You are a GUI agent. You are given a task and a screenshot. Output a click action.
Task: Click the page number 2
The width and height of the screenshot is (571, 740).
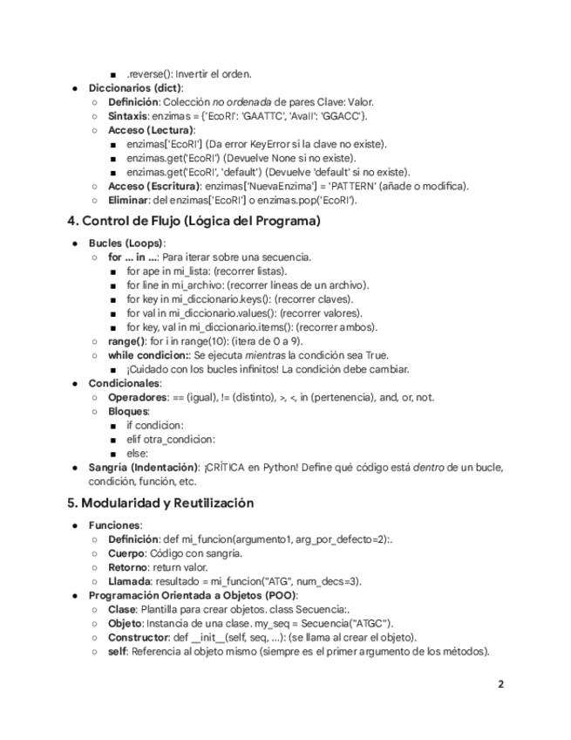pos(500,684)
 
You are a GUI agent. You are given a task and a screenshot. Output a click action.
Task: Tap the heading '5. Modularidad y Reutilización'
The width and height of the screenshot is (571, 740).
pos(160,503)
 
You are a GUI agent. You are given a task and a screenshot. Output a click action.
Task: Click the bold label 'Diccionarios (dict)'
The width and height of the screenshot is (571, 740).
pos(135,88)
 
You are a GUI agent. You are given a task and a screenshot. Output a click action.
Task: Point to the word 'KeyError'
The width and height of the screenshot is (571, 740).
pos(275,144)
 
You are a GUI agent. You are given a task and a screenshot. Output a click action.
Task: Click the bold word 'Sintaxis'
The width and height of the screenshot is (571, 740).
pos(127,116)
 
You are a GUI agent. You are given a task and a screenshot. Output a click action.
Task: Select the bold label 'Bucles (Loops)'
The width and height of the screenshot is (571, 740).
pos(126,243)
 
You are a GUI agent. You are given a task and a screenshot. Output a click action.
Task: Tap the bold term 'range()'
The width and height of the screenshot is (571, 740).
pos(126,341)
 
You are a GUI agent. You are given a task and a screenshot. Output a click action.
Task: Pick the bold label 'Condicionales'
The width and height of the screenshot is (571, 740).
pos(125,383)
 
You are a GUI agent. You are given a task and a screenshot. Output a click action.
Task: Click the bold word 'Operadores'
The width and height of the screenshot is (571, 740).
pos(138,397)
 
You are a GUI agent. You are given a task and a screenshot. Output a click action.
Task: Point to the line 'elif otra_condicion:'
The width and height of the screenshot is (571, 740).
pos(171,439)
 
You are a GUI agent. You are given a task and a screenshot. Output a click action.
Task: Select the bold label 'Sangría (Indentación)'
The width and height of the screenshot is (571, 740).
pos(144,468)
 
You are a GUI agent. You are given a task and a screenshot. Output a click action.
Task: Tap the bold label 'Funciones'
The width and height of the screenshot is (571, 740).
pos(114,525)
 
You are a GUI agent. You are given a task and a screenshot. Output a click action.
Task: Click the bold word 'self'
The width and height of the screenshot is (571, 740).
pos(118,651)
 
